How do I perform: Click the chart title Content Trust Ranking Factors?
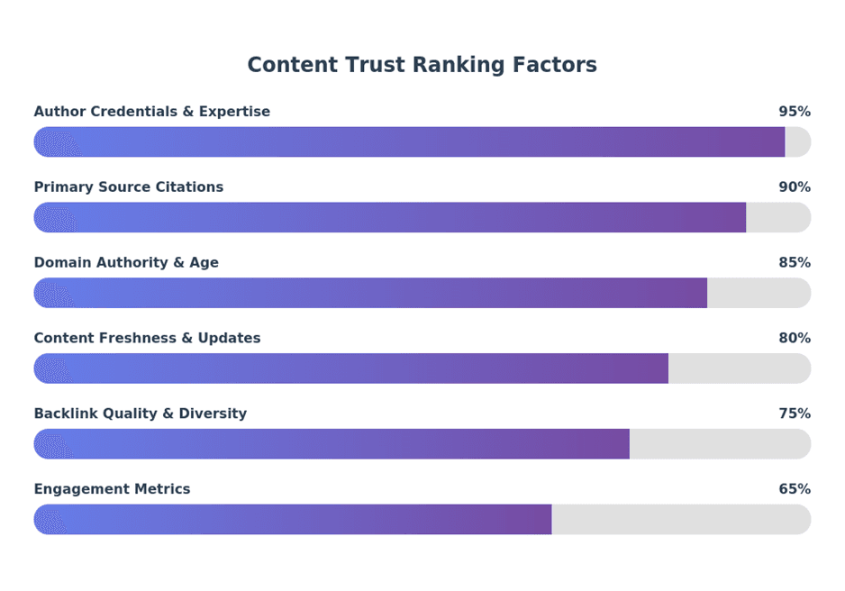point(422,65)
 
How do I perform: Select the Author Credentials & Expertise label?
point(151,112)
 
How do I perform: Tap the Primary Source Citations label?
point(128,187)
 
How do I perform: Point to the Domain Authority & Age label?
point(126,263)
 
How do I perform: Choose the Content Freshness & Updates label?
point(147,339)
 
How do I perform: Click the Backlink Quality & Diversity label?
point(140,414)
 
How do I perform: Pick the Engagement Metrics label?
point(112,490)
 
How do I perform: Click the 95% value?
point(794,112)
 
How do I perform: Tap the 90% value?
point(794,187)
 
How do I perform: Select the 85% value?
point(794,263)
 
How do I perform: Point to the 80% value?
point(794,339)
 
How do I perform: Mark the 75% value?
point(794,414)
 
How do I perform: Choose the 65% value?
point(794,490)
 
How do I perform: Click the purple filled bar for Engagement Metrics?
point(293,520)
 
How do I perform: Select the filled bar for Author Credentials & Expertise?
point(409,142)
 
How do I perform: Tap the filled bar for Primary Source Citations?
point(389,218)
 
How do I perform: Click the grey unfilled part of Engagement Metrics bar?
point(680,520)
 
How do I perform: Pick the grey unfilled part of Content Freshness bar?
point(739,368)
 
